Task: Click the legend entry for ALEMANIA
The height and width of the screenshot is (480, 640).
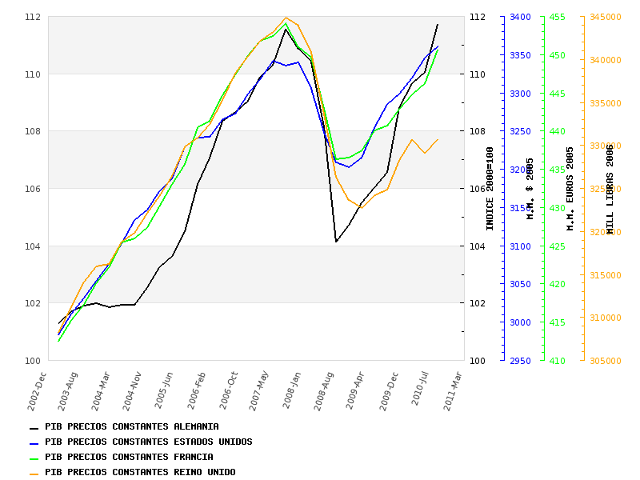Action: coord(132,427)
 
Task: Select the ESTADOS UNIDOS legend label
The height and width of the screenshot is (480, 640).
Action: coord(148,442)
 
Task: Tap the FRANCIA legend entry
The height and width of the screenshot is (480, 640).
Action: coord(129,458)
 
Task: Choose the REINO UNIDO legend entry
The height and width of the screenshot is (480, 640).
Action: coord(140,473)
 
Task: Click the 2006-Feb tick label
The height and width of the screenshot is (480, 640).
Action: coord(198,390)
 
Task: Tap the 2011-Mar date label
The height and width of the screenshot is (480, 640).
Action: coord(454,390)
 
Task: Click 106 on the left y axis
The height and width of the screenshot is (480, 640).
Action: coord(33,189)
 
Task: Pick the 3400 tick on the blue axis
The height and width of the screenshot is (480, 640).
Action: coord(521,17)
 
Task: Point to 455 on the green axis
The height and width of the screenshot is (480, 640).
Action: coord(557,17)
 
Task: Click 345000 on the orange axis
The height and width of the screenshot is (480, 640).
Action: coord(605,17)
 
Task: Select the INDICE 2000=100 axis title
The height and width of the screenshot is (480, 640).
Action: coord(490,189)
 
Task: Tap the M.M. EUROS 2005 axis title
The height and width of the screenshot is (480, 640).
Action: coord(570,189)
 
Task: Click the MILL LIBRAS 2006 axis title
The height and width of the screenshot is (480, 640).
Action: coord(610,189)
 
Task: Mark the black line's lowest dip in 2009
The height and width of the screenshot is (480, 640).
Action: coord(336,242)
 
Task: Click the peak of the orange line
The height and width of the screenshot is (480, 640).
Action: coord(286,18)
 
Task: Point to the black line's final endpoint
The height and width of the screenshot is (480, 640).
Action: coord(438,24)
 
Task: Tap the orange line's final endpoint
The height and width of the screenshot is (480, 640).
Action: coord(438,139)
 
